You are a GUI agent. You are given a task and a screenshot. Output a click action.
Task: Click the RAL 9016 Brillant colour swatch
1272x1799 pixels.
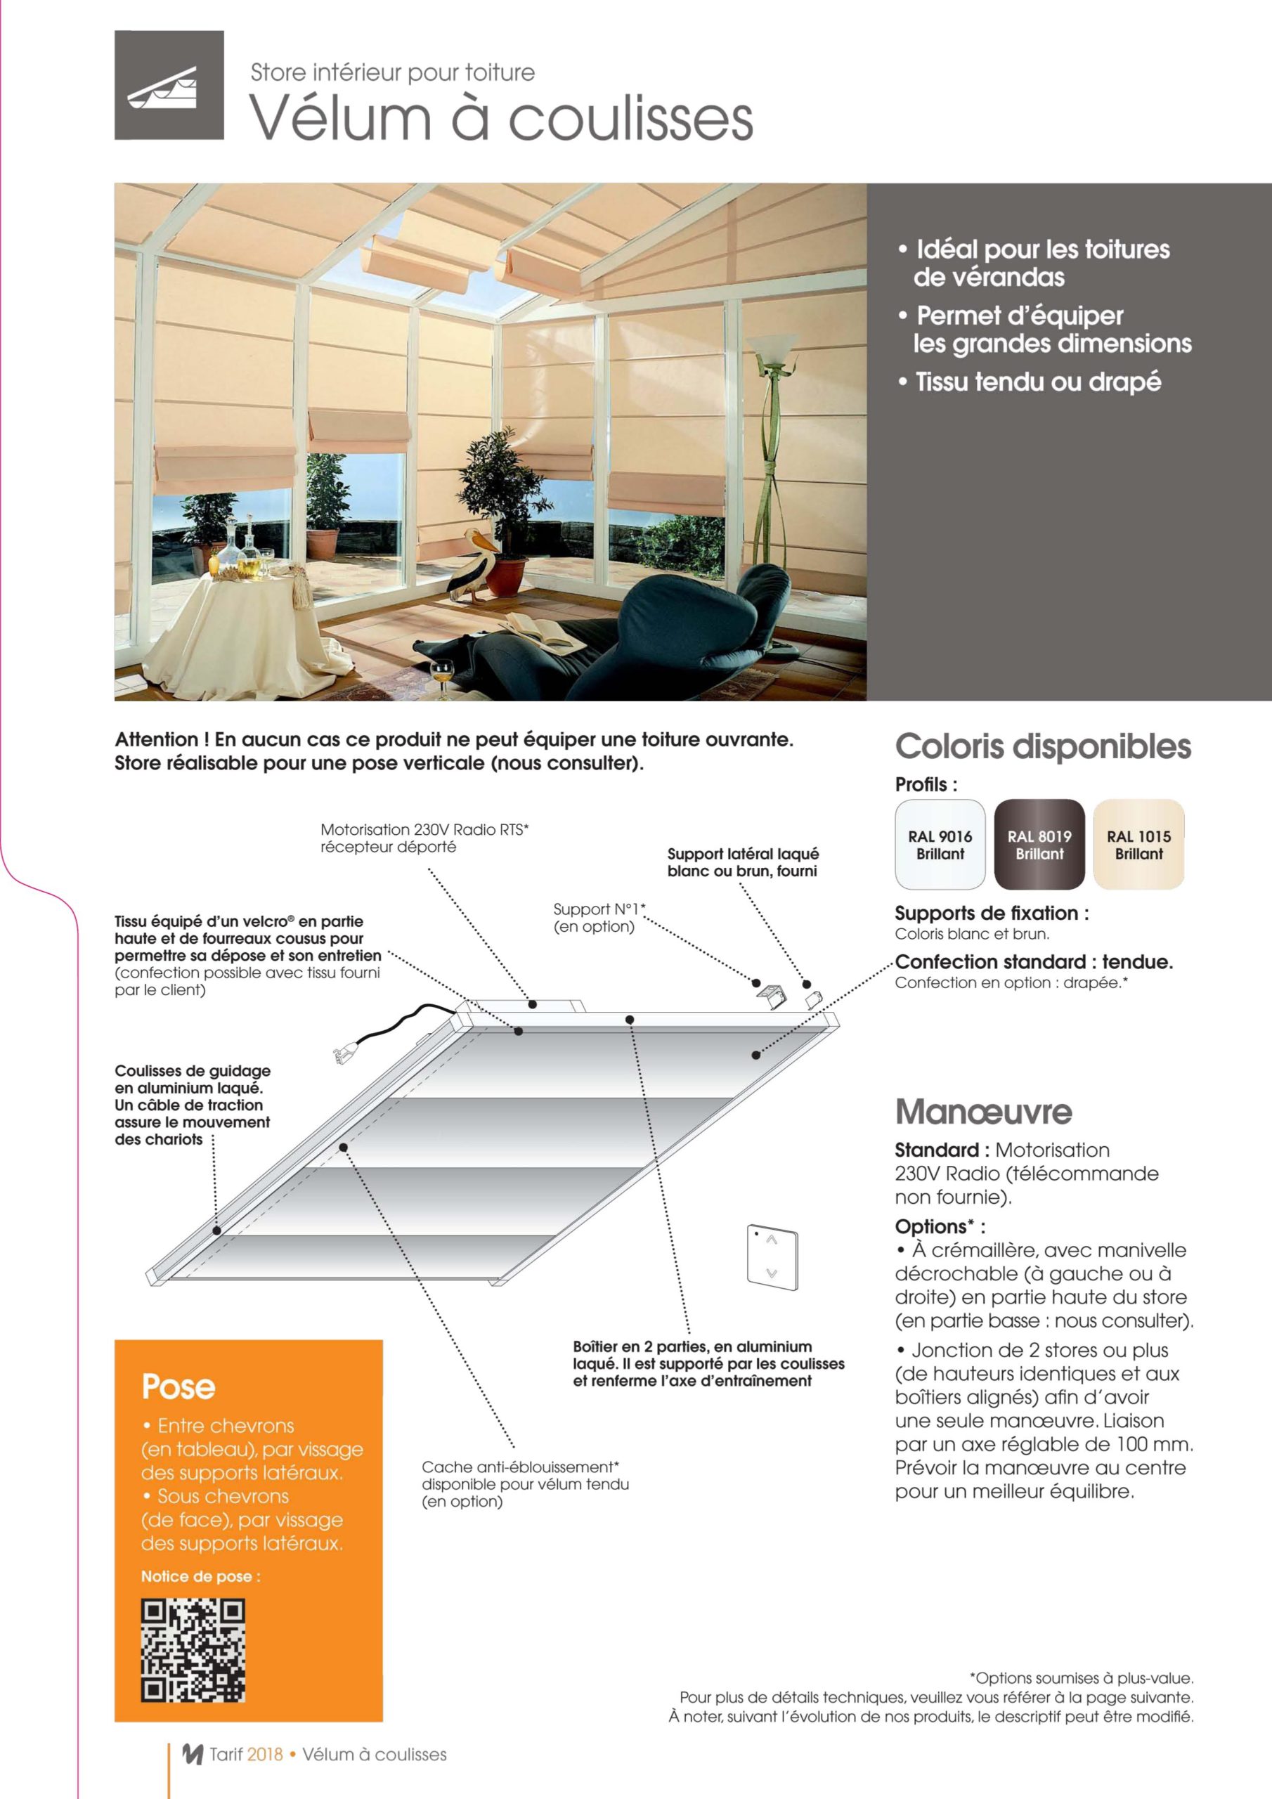click(x=940, y=844)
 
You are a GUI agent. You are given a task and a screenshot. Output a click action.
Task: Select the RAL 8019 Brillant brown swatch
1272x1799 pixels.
click(x=1039, y=844)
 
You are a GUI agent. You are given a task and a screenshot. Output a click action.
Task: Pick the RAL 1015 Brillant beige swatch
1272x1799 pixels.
click(x=1138, y=844)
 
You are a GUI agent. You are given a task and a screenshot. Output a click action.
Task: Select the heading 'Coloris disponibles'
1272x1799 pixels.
click(x=1042, y=747)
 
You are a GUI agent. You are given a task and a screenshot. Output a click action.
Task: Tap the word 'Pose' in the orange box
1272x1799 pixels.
click(x=179, y=1387)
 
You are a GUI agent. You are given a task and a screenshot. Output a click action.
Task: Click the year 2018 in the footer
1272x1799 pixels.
click(x=264, y=1754)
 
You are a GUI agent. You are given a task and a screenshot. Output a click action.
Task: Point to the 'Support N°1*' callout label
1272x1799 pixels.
click(x=599, y=909)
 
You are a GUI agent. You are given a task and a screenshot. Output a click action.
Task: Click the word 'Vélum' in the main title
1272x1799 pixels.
click(x=340, y=119)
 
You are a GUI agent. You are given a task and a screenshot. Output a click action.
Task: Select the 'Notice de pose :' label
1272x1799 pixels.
click(x=200, y=1576)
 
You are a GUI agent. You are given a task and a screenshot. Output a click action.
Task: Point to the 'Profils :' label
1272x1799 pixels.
click(x=926, y=784)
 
